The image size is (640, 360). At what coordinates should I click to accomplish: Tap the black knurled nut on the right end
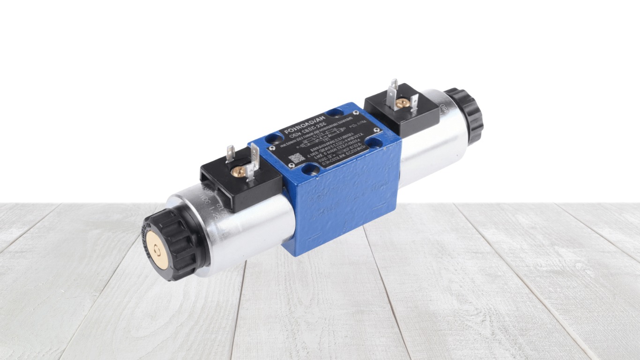click(x=464, y=115)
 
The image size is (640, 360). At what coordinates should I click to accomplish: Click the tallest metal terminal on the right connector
click(x=394, y=89)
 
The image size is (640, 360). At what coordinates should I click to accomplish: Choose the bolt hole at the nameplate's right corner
click(x=375, y=143)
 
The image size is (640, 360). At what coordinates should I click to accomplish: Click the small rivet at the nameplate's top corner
click(x=357, y=114)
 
